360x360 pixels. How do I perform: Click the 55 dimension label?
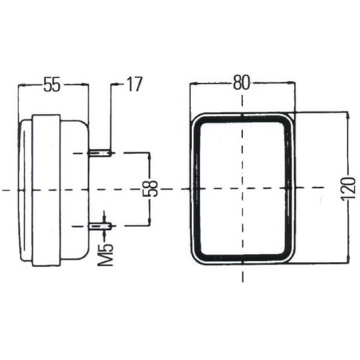coord(52,84)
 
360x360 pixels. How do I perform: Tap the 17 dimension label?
coord(135,84)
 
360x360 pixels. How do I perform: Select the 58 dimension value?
coord(150,189)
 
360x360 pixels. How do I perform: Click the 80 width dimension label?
coord(241,83)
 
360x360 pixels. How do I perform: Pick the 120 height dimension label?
coord(349,189)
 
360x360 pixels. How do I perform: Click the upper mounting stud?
coord(99,153)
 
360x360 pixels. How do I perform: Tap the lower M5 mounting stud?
coord(99,226)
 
